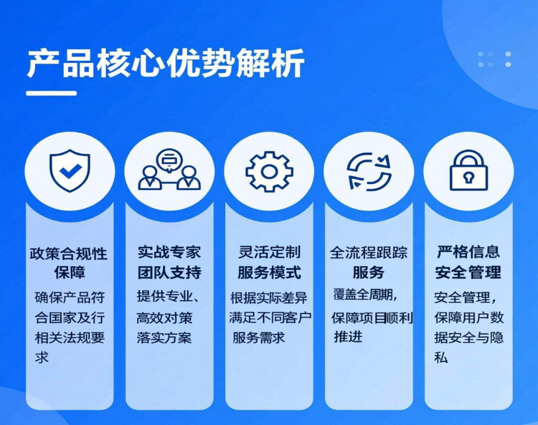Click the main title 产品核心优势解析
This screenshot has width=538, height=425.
[x=166, y=63]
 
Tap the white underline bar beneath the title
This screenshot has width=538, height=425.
[x=52, y=93]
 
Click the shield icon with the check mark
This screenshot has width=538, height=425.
[x=70, y=170]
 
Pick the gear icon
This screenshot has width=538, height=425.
[x=270, y=171]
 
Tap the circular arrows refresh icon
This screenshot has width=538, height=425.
[x=369, y=171]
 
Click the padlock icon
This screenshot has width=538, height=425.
[x=468, y=170]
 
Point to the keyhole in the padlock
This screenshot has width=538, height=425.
[x=468, y=177]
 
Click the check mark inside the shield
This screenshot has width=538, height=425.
[x=70, y=171]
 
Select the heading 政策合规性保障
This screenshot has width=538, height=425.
[x=69, y=263]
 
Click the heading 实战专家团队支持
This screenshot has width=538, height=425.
[x=170, y=263]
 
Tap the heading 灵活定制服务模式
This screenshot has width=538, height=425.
[x=270, y=263]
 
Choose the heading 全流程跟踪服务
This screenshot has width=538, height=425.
[x=369, y=263]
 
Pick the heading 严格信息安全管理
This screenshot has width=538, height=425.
[x=468, y=263]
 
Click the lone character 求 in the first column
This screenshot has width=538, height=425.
[x=42, y=357]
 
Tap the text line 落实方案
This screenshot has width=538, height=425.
[x=164, y=338]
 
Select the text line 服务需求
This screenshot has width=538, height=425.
[x=258, y=338]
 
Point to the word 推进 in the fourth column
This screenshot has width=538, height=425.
[x=348, y=336]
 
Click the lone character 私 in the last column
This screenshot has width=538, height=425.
[x=441, y=357]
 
